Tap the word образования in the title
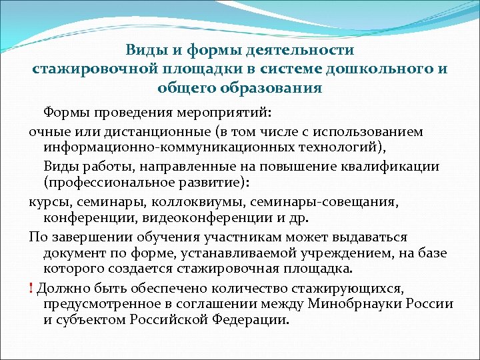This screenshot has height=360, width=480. pyautogui.click(x=275, y=87)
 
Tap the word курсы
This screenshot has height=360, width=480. pyautogui.click(x=50, y=201)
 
